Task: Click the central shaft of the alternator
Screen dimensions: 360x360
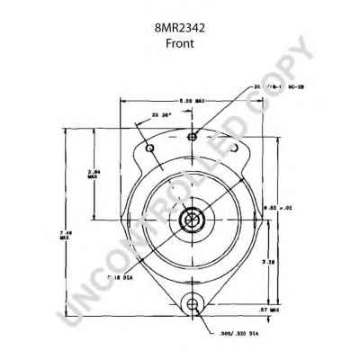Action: [x=192, y=220]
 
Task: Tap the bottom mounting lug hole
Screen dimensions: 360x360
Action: [x=192, y=308]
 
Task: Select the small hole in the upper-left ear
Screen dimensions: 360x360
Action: [x=150, y=147]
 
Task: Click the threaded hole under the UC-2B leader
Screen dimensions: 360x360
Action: [x=192, y=137]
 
